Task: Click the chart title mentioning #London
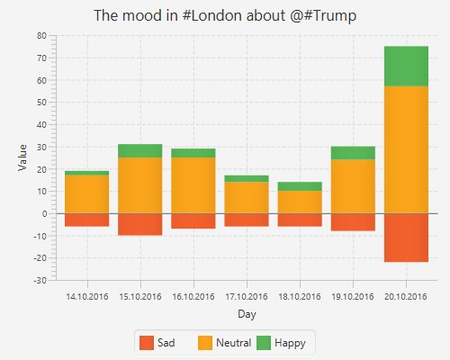click(x=225, y=16)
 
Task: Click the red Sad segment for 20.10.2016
click(x=406, y=238)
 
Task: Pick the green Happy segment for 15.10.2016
click(x=139, y=150)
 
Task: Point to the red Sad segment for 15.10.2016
click(x=139, y=224)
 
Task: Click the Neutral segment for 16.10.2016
click(x=193, y=185)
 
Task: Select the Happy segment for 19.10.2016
click(x=353, y=153)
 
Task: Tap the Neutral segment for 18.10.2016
click(x=300, y=202)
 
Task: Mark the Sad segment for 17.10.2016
click(x=247, y=220)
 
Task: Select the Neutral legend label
click(x=233, y=343)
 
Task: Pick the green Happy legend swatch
click(x=264, y=343)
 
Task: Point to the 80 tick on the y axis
click(x=41, y=36)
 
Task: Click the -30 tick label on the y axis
click(x=39, y=281)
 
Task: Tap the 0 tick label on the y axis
click(x=43, y=214)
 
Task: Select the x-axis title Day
click(x=247, y=314)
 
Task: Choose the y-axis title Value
click(x=22, y=157)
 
